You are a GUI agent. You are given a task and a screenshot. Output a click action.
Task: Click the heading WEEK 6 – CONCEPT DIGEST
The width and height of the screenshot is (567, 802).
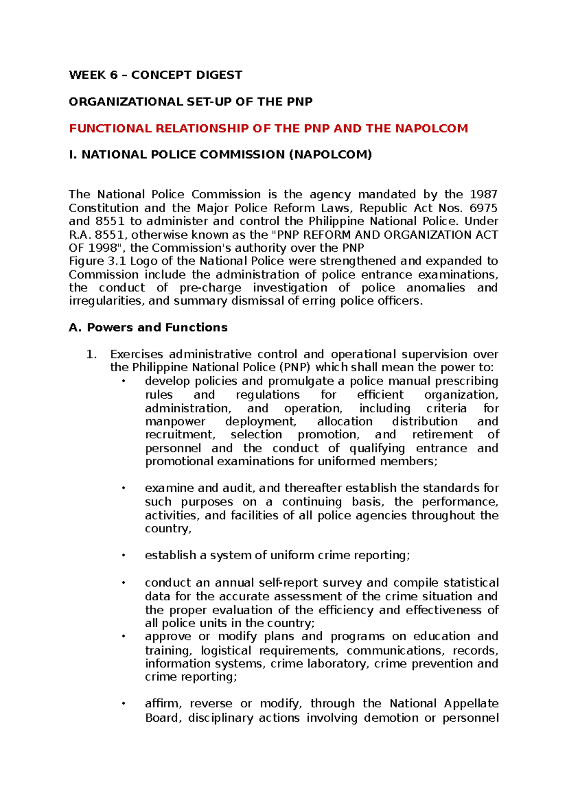[x=155, y=75]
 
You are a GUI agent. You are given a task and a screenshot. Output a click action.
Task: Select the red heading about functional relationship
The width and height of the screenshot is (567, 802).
[x=268, y=128]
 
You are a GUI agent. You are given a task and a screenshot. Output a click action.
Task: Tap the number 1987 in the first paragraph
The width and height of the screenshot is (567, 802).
[x=483, y=195]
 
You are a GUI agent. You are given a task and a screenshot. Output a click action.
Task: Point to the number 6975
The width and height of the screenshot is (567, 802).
[x=483, y=208]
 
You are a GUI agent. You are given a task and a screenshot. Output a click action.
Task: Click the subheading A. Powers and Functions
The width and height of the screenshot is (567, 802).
[x=148, y=327]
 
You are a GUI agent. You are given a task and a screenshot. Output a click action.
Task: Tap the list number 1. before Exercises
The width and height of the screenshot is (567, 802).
[x=92, y=354]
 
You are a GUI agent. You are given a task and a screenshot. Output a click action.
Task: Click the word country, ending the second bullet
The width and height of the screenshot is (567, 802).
[x=168, y=529]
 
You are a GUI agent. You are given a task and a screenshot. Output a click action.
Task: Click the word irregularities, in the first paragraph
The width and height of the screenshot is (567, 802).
[x=106, y=301]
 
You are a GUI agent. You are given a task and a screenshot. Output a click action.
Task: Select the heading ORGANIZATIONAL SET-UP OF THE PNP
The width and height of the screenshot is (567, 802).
[x=190, y=102]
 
